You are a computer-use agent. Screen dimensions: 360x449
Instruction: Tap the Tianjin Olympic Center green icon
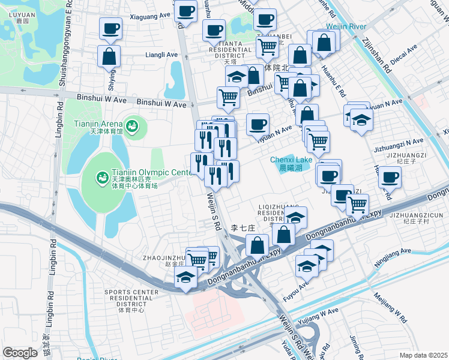(x=102, y=178)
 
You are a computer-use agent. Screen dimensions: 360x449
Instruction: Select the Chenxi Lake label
(x=291, y=160)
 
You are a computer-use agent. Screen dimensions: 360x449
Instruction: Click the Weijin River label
(x=346, y=27)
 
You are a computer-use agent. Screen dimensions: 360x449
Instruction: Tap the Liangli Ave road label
(x=162, y=54)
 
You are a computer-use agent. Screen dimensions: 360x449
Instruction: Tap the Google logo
(x=20, y=352)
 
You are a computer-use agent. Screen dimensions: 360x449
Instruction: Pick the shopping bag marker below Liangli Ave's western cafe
(x=110, y=56)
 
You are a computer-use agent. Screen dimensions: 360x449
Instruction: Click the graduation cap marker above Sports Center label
(x=185, y=277)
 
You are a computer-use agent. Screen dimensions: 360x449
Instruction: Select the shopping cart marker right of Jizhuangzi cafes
(x=358, y=205)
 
